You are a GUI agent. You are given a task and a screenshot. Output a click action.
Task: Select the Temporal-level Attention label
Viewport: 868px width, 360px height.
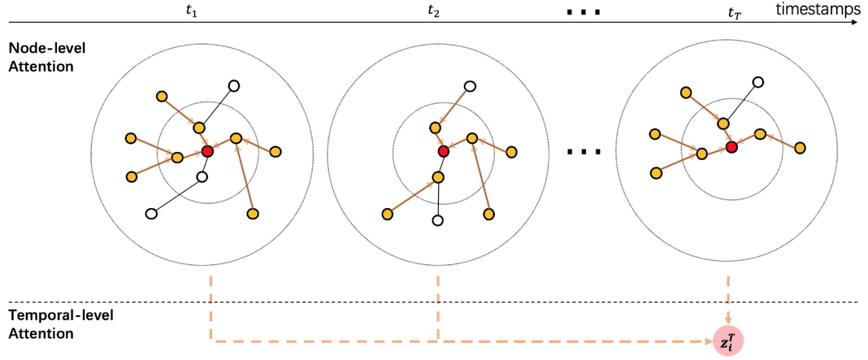tap(60, 324)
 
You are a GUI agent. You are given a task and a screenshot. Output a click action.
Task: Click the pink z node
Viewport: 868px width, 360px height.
tap(729, 340)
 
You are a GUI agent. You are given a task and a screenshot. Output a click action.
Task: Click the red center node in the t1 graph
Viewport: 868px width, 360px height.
tap(207, 151)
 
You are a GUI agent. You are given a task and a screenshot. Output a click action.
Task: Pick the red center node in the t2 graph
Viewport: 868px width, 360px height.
tap(444, 151)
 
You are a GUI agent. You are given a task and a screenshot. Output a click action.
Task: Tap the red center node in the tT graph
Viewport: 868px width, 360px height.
tap(731, 147)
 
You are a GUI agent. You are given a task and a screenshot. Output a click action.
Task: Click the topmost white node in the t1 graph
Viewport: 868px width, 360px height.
tap(234, 86)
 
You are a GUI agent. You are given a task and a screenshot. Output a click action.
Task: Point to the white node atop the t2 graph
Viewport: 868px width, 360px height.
tap(470, 87)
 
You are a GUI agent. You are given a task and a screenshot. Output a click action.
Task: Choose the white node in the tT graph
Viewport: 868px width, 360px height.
tap(757, 82)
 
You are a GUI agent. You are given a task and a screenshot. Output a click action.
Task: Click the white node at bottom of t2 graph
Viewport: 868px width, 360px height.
tap(438, 219)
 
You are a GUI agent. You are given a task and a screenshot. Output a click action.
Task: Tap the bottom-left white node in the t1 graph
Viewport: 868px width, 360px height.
tap(150, 214)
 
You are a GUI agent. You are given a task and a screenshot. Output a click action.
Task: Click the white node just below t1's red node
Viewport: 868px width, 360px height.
tap(203, 177)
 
